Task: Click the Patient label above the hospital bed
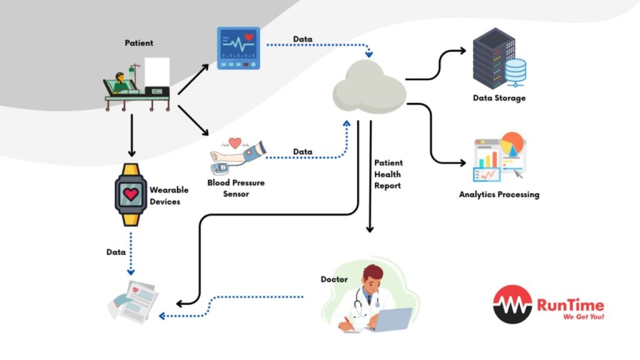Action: tap(139, 43)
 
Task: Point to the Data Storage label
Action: tap(499, 98)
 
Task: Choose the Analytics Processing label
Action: tap(499, 194)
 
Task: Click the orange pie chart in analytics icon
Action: tap(512, 144)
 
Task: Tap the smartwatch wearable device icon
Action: tap(131, 194)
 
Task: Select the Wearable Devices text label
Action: tap(165, 195)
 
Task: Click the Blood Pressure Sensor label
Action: tap(236, 188)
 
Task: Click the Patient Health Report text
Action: tap(388, 174)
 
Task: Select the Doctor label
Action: tap(334, 279)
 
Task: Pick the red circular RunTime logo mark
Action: tap(512, 304)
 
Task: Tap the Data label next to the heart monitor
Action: tap(303, 39)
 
